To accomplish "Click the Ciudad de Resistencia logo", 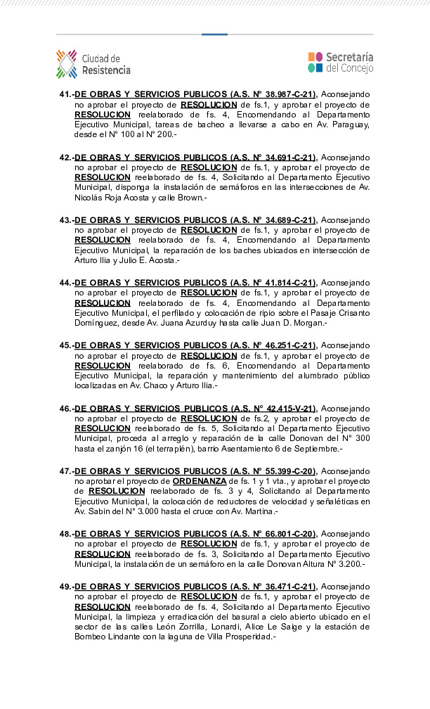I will [93, 64].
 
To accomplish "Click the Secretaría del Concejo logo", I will [340, 63].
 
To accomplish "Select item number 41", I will [66, 94].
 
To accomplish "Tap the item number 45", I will [66, 345].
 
